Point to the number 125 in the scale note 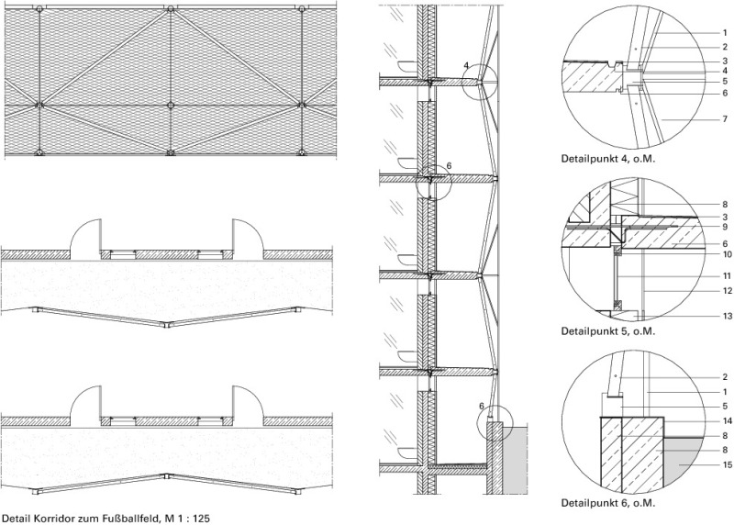[202, 519]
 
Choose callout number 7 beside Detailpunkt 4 [725, 119]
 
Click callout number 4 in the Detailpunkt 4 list [725, 72]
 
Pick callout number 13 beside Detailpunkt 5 [727, 316]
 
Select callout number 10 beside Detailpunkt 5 [727, 254]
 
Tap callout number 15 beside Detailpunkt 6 [727, 464]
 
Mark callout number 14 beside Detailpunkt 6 [727, 421]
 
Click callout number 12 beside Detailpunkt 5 [727, 291]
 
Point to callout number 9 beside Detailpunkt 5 [725, 227]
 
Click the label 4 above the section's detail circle [466, 65]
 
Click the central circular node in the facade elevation [171, 105]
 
